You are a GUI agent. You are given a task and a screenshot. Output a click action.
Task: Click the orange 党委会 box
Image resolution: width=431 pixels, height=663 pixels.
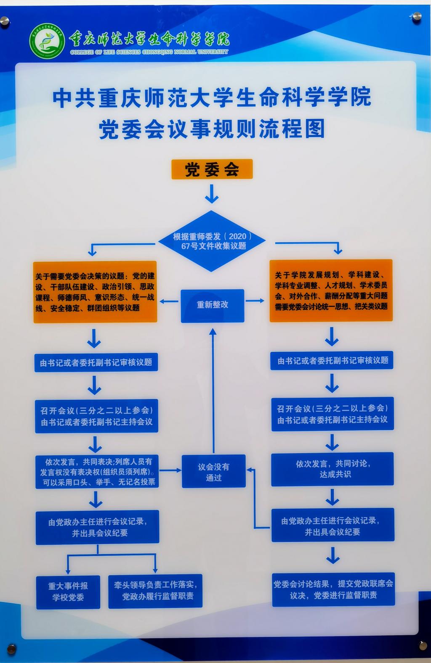click(212, 169)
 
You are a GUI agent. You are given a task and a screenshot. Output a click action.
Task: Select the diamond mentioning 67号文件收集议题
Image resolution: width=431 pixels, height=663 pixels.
click(212, 241)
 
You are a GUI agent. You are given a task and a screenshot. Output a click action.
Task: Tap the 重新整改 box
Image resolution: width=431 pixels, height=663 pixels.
click(212, 305)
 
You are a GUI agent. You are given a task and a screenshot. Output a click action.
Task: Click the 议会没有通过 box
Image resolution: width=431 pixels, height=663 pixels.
click(213, 471)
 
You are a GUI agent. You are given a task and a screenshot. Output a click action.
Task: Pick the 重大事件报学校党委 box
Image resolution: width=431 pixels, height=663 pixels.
click(68, 592)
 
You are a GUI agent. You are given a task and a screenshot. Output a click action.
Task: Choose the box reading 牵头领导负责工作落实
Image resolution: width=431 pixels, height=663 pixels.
click(155, 591)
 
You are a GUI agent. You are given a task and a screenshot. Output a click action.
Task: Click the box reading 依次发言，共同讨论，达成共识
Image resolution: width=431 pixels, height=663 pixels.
click(332, 469)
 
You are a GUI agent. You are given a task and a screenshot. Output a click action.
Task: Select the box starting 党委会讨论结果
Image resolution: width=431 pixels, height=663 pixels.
click(333, 589)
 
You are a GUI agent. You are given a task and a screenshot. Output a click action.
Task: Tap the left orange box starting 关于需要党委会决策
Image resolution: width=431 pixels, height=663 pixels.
click(95, 292)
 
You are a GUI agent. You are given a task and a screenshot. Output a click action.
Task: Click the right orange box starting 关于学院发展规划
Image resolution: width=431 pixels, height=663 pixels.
click(331, 291)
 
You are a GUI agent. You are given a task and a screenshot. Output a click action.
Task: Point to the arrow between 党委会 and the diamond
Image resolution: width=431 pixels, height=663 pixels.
click(212, 193)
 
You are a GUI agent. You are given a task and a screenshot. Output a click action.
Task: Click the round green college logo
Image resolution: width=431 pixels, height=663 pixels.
click(47, 41)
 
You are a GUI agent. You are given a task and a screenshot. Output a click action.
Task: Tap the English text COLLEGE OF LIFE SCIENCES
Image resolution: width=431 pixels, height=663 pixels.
click(149, 52)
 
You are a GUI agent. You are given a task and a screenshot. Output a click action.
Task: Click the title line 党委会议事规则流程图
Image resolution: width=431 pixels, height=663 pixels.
click(212, 129)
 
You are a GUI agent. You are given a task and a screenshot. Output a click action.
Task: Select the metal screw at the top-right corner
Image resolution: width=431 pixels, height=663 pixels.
click(416, 17)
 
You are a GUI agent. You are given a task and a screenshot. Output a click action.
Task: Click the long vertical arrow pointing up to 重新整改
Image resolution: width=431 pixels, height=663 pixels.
click(213, 391)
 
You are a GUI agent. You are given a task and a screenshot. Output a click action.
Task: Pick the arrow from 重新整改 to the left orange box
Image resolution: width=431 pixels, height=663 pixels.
click(169, 301)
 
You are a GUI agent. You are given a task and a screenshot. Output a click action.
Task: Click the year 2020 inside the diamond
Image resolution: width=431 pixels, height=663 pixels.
click(237, 236)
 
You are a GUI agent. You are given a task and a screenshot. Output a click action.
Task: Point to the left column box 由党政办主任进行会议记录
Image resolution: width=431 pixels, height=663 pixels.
click(97, 527)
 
